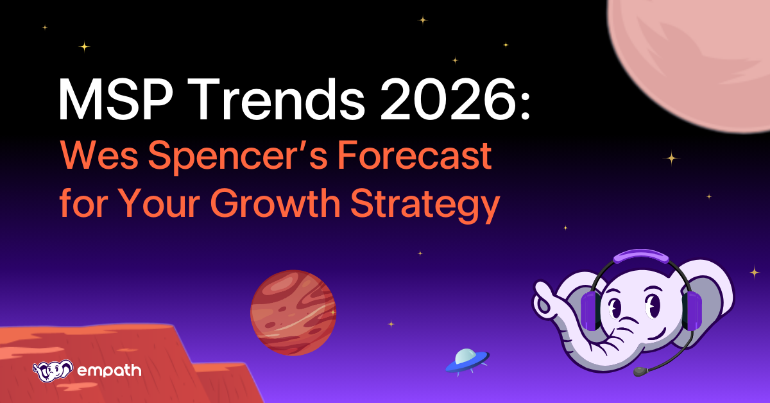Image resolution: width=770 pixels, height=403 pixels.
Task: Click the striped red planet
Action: click(x=293, y=312)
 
